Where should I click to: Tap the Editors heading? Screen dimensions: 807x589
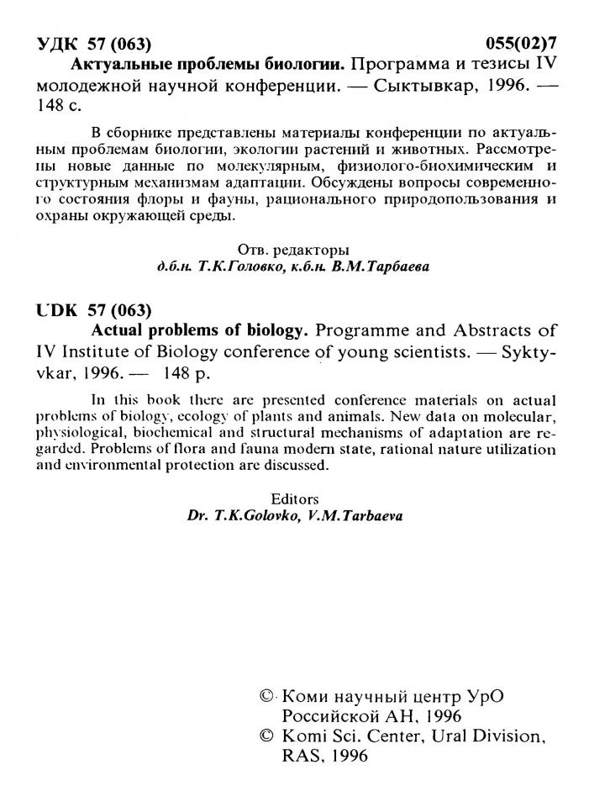[296, 498]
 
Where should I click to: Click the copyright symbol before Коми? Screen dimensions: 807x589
[267, 697]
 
